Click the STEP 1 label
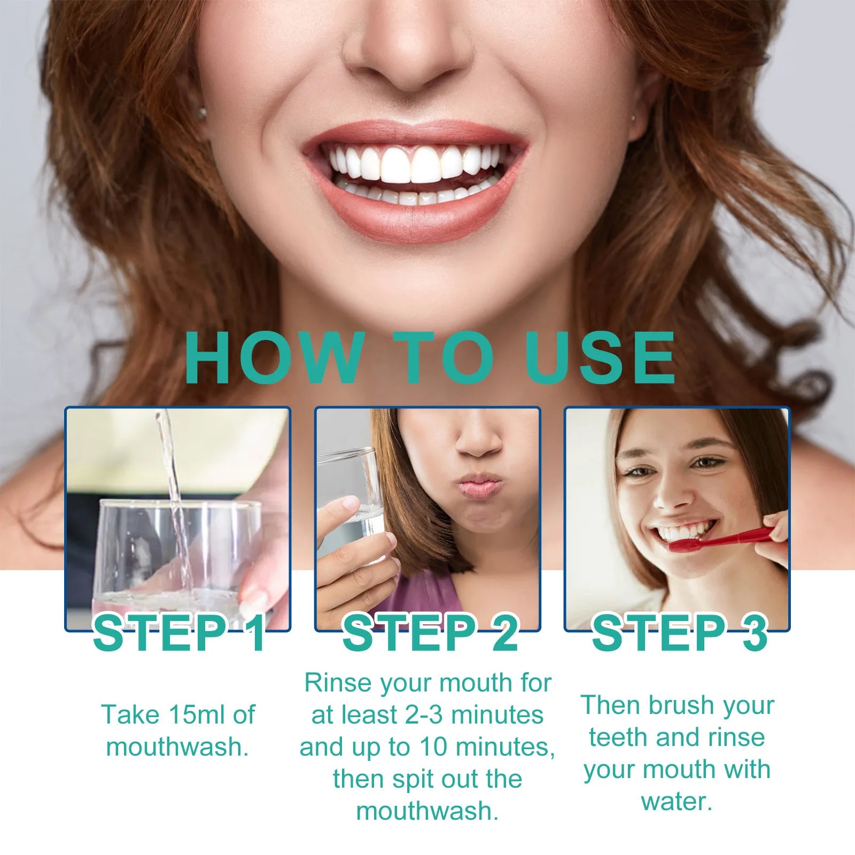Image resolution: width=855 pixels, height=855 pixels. coord(180,634)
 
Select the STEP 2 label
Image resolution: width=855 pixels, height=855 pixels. coord(430,634)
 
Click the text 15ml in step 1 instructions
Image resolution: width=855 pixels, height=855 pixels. coord(198,714)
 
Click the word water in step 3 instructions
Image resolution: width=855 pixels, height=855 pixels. coord(677,802)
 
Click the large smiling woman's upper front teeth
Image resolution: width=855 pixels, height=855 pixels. coord(411,165)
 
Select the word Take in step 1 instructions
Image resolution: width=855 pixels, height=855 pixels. coord(130,714)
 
